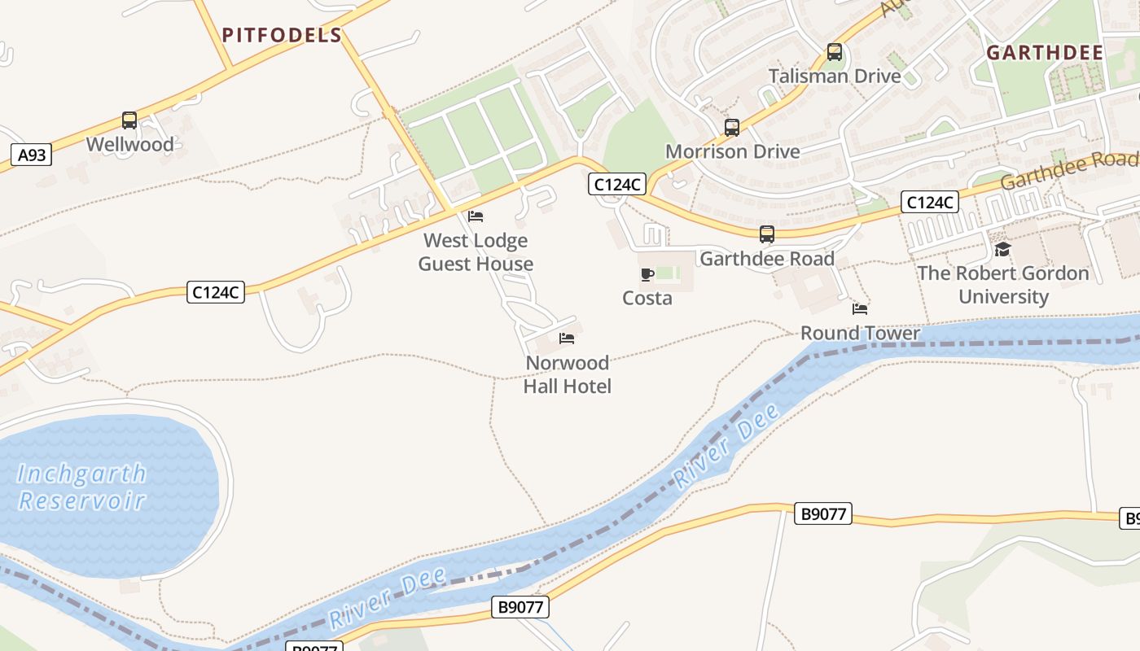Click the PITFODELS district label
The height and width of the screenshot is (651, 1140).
282,35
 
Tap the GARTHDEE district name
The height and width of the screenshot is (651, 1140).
1045,53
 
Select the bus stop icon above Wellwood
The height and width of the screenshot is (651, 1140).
129,120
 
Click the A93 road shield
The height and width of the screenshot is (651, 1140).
32,155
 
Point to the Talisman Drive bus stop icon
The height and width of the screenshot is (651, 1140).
835,52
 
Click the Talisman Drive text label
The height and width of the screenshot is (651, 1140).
835,76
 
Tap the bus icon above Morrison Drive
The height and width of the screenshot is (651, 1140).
732,127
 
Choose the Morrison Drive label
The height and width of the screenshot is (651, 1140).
732,151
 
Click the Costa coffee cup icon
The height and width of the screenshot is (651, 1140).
647,274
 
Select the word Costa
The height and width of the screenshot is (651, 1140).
647,298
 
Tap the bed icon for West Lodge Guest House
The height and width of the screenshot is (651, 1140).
476,216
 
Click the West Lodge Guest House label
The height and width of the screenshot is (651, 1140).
476,252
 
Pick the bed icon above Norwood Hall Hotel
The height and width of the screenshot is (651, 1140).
567,339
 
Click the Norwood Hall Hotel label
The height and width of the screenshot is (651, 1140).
567,374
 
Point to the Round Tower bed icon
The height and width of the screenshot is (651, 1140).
860,309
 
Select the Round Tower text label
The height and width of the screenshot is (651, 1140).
860,333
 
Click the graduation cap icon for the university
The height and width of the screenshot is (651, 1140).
1002,249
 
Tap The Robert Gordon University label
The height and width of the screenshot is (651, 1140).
1003,285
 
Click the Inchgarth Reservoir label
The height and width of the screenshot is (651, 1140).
81,487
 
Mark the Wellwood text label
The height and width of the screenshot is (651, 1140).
129,145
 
